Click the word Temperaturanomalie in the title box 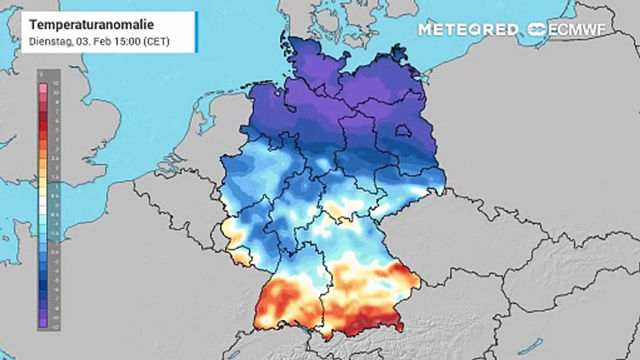click(x=91, y=25)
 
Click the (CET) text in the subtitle click(x=156, y=41)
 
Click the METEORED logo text click(x=468, y=29)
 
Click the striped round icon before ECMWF click(x=537, y=29)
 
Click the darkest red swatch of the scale click(x=42, y=118)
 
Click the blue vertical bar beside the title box click(x=196, y=32)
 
